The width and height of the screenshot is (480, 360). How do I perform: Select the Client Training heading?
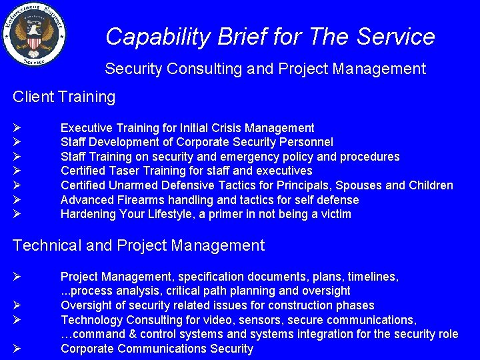64,97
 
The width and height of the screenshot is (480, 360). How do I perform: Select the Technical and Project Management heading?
139,245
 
